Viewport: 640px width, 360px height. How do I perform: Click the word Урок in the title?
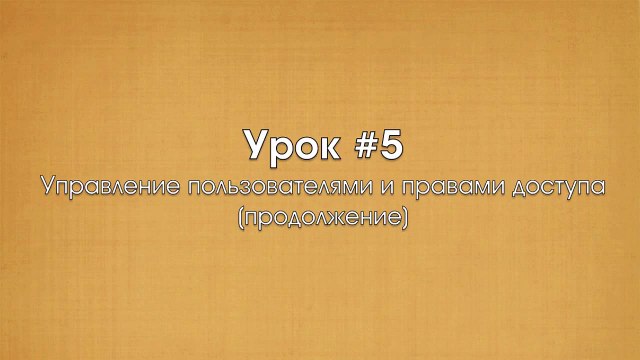[287, 146]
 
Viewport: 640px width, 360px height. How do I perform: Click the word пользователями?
[270, 187]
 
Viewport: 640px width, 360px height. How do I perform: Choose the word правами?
[430, 188]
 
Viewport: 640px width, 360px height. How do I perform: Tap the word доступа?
[545, 188]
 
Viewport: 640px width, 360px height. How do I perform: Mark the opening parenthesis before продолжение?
[241, 214]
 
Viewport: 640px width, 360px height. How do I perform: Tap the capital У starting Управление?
[46, 186]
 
